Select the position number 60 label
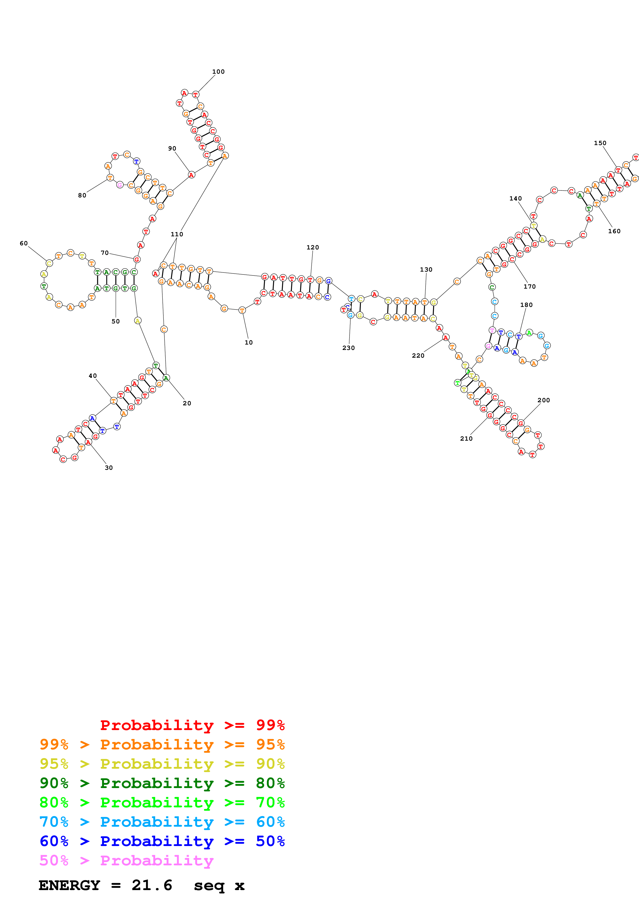(x=24, y=243)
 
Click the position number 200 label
(x=543, y=400)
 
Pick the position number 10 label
(x=248, y=342)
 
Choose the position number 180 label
(x=526, y=305)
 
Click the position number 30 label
(x=109, y=468)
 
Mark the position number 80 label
(x=82, y=195)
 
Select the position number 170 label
(x=529, y=286)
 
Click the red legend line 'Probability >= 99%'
(x=192, y=725)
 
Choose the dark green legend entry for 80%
(x=162, y=783)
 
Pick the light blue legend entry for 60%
(x=162, y=822)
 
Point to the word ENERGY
(x=69, y=885)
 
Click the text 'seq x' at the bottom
(x=219, y=885)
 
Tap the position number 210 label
(x=466, y=438)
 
